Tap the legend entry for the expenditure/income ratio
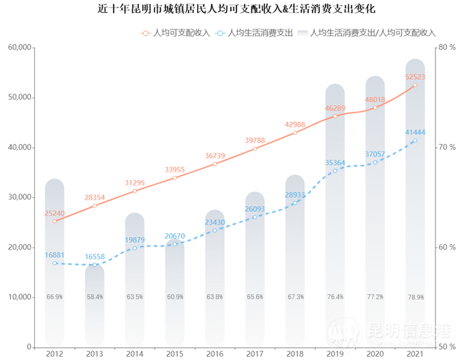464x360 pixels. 372,32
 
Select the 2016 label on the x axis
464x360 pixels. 215,354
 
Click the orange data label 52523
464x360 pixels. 414,77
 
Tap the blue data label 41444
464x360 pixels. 414,132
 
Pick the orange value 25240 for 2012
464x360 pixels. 55,213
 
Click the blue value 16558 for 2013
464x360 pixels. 95,257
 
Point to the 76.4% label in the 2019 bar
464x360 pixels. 335,297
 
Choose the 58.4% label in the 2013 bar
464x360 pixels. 95,297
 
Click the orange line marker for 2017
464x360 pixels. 255,149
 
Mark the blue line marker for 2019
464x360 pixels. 335,170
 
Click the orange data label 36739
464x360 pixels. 215,155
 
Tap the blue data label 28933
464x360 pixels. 295,194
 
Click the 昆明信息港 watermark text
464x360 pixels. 408,332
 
